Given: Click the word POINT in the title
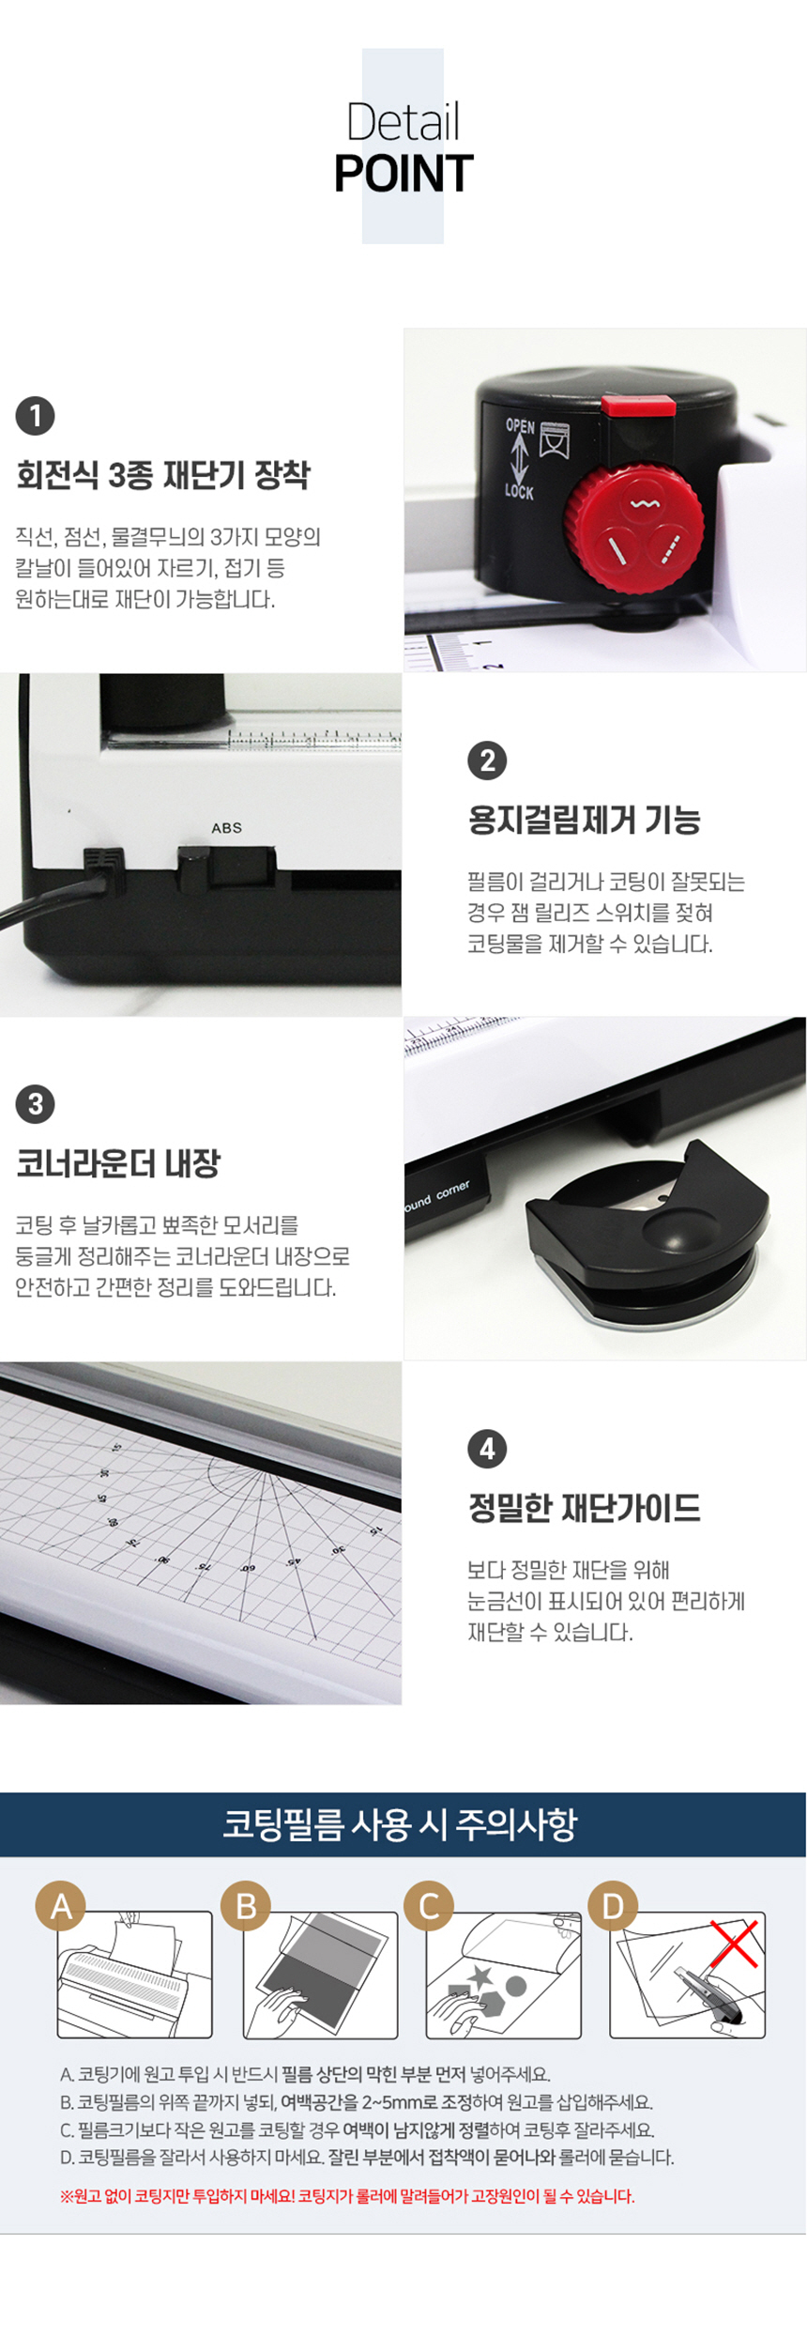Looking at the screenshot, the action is click(x=403, y=174).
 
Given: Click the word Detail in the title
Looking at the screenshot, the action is click(x=403, y=122).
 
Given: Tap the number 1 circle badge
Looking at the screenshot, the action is click(x=35, y=416).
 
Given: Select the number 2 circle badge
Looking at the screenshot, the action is click(x=487, y=761).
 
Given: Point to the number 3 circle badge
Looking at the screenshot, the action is click(x=35, y=1104).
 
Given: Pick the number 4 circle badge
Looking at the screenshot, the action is click(x=487, y=1449).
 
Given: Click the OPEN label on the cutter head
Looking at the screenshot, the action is click(x=520, y=425).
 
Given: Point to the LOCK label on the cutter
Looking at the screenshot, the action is click(x=519, y=490).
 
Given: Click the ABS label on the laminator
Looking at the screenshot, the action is click(x=227, y=828).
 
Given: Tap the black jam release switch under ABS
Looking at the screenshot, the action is click(x=195, y=868).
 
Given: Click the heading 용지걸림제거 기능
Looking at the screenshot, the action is click(x=585, y=821).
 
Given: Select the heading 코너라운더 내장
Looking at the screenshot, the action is click(x=118, y=1164).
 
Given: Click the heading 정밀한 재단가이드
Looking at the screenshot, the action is click(x=585, y=1509).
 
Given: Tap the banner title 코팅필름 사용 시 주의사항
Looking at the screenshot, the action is click(x=400, y=1824).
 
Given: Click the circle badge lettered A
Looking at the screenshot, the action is click(x=61, y=1907).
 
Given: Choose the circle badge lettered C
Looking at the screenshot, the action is click(x=430, y=1907).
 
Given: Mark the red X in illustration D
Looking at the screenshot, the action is click(x=734, y=1943).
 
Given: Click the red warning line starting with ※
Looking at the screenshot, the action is click(x=347, y=2196).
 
